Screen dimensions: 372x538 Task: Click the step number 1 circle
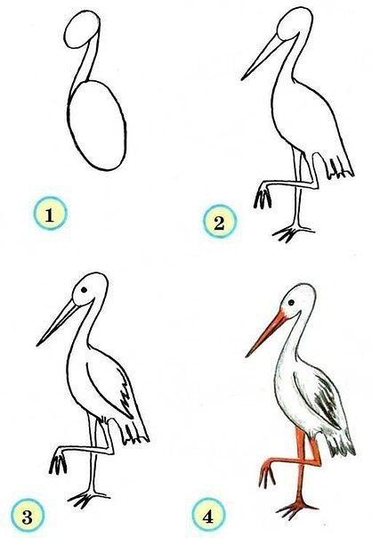(x=50, y=214)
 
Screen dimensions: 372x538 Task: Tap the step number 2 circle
(x=220, y=221)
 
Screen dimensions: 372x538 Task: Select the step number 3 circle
(x=28, y=516)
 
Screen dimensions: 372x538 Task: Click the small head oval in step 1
(x=82, y=29)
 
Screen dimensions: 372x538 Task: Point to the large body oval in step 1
(x=97, y=126)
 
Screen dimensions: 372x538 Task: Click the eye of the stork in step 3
(x=84, y=289)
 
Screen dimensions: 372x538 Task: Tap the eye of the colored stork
(x=291, y=303)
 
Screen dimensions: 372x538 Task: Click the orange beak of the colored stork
(x=267, y=333)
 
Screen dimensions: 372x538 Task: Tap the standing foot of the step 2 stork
(x=292, y=233)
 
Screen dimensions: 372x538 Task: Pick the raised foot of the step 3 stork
(x=58, y=461)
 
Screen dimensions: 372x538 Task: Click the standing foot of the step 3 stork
(x=88, y=499)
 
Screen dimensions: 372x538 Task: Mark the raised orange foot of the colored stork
(x=267, y=474)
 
